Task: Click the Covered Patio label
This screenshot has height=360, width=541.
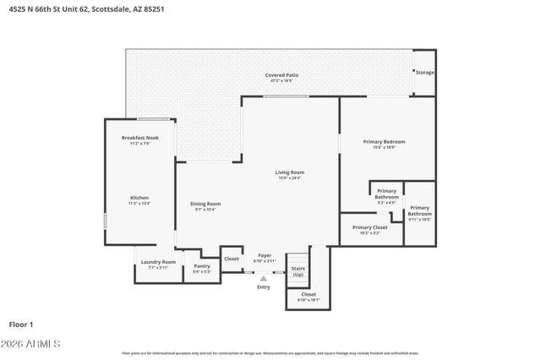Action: click(x=281, y=75)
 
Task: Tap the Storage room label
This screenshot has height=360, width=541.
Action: click(x=424, y=73)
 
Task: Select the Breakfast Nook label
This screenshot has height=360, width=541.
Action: click(x=139, y=138)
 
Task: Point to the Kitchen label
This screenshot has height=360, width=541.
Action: click(x=139, y=198)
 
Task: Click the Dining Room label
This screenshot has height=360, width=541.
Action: click(x=205, y=203)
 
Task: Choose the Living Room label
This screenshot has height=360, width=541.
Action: click(x=289, y=172)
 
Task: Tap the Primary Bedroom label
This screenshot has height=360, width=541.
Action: click(x=384, y=141)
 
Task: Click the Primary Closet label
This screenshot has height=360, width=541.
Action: click(x=369, y=227)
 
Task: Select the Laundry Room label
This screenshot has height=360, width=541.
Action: click(x=158, y=262)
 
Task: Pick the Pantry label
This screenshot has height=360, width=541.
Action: click(x=202, y=265)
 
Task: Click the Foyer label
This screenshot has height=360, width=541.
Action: click(x=265, y=255)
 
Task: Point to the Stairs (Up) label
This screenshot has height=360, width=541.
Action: click(x=298, y=272)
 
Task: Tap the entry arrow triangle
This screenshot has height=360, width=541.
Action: click(x=264, y=278)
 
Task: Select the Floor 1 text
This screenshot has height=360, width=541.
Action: click(x=20, y=325)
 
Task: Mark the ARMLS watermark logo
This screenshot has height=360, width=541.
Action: click(x=34, y=344)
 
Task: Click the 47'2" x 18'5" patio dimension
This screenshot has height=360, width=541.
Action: click(x=281, y=81)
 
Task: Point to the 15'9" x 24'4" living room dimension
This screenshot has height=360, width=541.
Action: click(x=289, y=178)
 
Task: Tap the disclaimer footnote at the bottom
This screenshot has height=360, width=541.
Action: click(x=270, y=353)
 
